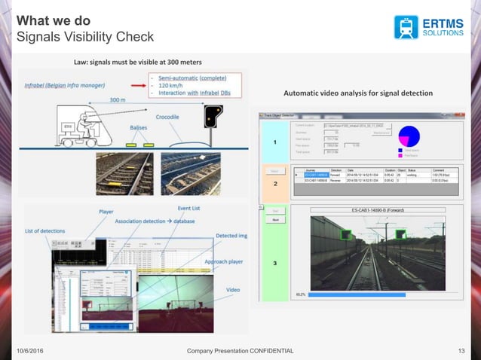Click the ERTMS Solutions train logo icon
point(406,26)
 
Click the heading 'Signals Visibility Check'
point(84,37)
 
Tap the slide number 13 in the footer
point(462,351)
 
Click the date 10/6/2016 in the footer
point(33,351)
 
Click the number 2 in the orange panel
point(275,183)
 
